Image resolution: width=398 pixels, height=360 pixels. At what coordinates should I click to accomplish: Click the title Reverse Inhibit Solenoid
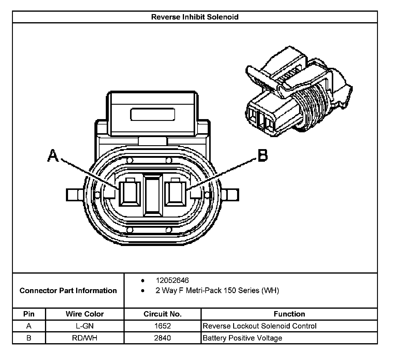(x=195, y=17)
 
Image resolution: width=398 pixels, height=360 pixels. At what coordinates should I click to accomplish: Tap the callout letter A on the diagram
(x=53, y=156)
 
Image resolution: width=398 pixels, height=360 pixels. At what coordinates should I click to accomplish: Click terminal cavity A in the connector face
(x=129, y=193)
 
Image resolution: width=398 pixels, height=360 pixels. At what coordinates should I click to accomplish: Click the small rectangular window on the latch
(x=153, y=114)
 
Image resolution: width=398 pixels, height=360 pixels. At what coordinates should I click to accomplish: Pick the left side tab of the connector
(x=74, y=195)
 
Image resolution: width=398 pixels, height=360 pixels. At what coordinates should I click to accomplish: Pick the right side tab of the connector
(x=231, y=195)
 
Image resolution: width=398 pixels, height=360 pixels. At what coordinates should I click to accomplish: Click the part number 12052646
(x=172, y=280)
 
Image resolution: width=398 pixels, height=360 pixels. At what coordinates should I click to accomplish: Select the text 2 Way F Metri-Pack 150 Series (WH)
(x=217, y=291)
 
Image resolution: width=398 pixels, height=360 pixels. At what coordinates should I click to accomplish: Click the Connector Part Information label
(x=68, y=291)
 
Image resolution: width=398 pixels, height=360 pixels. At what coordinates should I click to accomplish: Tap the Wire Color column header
(x=85, y=314)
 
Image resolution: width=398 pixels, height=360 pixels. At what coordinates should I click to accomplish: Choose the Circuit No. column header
(x=162, y=314)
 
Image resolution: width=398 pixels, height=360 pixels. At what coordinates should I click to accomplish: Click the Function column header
(x=289, y=314)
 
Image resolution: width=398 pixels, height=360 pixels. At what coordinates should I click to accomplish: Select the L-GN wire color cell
(x=85, y=326)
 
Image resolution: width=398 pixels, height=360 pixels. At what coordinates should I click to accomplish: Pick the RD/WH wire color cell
(x=85, y=338)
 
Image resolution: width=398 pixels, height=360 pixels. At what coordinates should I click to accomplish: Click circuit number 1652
(x=162, y=326)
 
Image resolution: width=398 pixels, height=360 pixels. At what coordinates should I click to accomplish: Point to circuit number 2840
(x=162, y=338)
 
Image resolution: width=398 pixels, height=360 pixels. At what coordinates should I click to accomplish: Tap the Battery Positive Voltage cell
(x=242, y=338)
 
